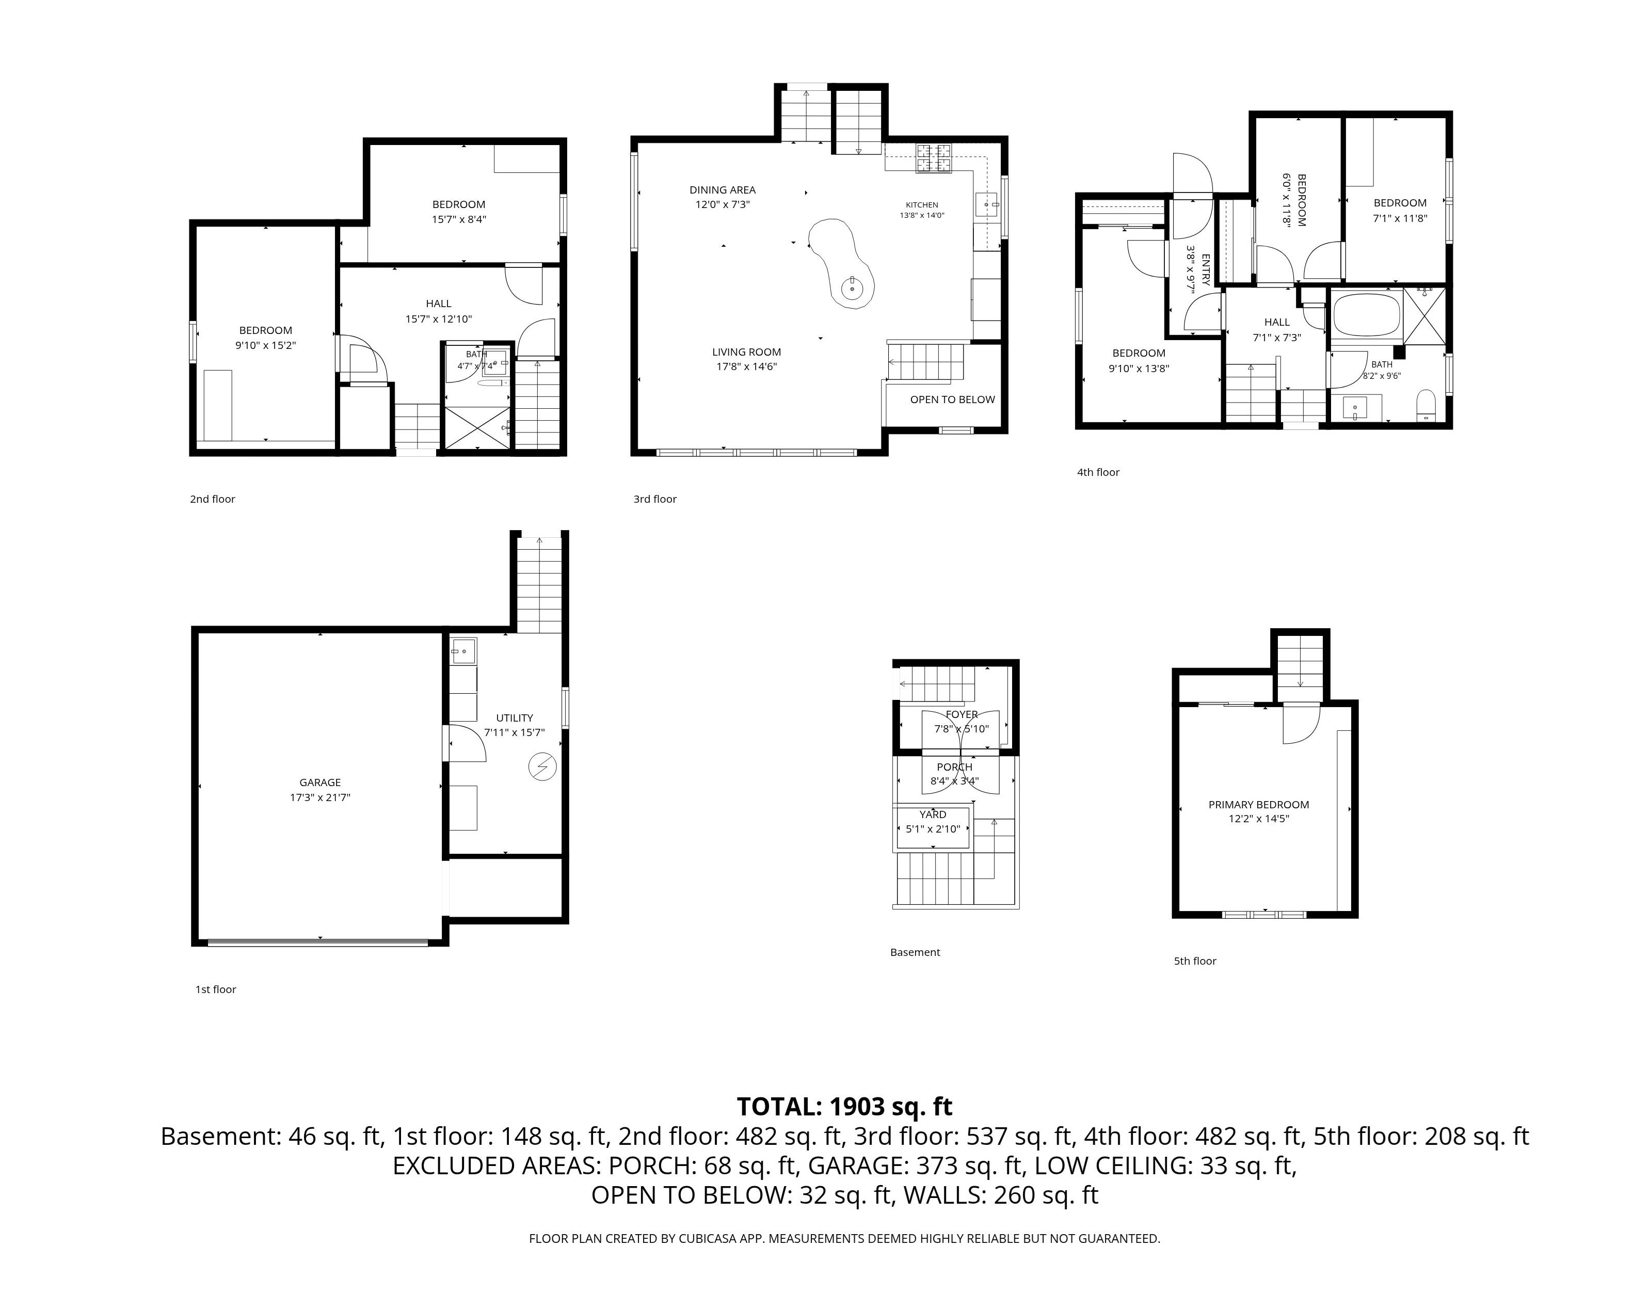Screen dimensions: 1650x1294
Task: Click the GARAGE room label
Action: click(x=319, y=782)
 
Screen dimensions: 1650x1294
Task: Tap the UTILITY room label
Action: click(x=515, y=718)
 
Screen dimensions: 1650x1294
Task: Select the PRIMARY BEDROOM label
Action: click(x=1258, y=805)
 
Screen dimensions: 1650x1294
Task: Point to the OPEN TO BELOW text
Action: click(x=952, y=400)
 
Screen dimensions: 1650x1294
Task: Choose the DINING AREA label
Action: click(x=722, y=190)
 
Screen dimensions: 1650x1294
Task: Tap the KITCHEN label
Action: click(x=922, y=204)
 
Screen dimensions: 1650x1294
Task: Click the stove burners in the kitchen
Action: click(x=934, y=158)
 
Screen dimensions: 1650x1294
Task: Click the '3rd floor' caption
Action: click(x=655, y=499)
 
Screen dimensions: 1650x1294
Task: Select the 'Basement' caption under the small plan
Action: click(x=915, y=952)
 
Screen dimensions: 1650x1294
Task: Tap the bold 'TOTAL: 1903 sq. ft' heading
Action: click(x=845, y=1107)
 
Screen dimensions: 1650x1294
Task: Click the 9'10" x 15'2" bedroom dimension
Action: click(x=265, y=345)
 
